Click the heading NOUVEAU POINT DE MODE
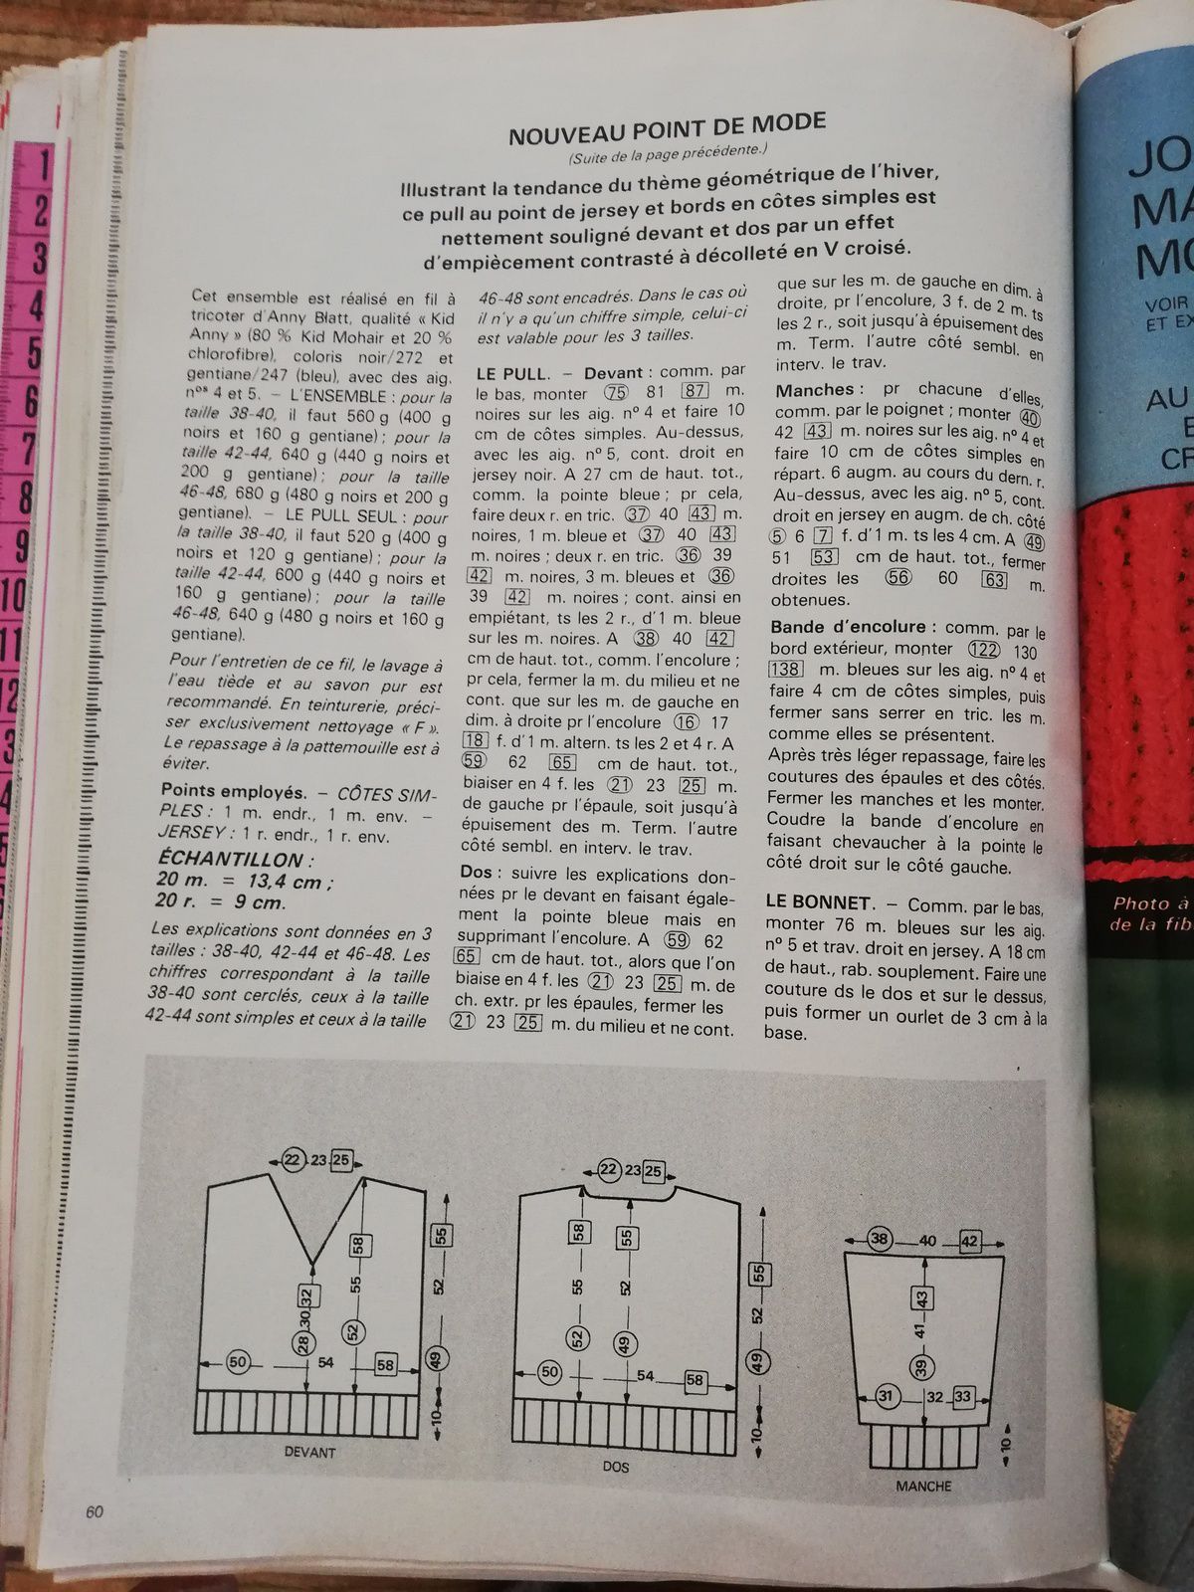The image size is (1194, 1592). point(667,126)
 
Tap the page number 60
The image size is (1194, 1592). point(94,1511)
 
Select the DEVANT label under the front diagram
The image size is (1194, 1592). point(309,1452)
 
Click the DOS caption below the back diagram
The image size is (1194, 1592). point(616,1467)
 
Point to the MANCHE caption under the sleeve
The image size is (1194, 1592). point(923,1486)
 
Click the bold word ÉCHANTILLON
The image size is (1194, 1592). point(236,860)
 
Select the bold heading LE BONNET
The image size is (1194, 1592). point(819,901)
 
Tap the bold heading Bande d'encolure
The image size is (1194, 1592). point(848,627)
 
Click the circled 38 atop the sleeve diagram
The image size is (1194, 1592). point(880,1240)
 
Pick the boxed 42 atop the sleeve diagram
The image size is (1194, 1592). point(969,1242)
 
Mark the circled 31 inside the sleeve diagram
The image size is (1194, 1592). point(887,1396)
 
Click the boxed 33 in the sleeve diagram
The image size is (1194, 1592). point(962,1397)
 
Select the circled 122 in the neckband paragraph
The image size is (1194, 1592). point(983,650)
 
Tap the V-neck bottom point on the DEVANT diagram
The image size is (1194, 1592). point(313,1265)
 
